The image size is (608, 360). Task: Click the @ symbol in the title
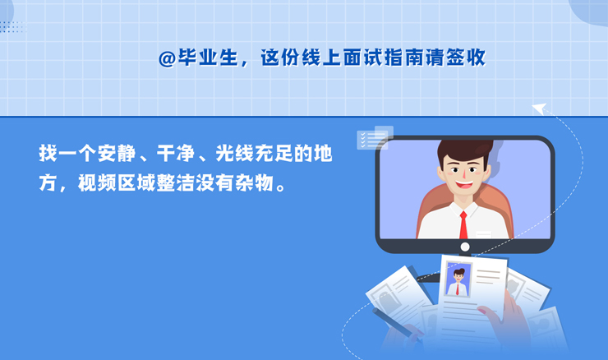pyautogui.click(x=168, y=59)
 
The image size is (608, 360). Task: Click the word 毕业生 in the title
pyautogui.click(x=208, y=58)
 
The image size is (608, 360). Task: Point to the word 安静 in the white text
pyautogui.click(x=117, y=153)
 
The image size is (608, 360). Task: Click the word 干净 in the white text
pyautogui.click(x=176, y=153)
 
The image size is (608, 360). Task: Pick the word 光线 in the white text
pyautogui.click(x=235, y=153)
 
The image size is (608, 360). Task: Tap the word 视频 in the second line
pyautogui.click(x=97, y=182)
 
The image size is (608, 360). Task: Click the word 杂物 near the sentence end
pyautogui.click(x=254, y=182)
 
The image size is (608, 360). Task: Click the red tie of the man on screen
pyautogui.click(x=463, y=225)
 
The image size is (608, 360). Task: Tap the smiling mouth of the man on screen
pyautogui.click(x=463, y=184)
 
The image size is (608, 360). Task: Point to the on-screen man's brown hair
pyautogui.click(x=464, y=150)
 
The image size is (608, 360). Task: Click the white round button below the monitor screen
pyautogui.click(x=465, y=247)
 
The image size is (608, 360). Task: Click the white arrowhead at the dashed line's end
pyautogui.click(x=540, y=108)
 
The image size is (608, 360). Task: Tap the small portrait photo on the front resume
pyautogui.click(x=458, y=279)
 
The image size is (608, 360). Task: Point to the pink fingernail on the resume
pyautogui.click(x=482, y=310)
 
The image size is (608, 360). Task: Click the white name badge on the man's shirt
pyautogui.click(x=484, y=234)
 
